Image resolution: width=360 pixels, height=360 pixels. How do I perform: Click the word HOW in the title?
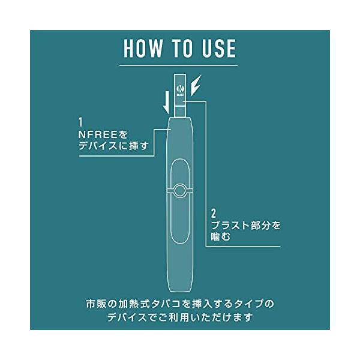pyautogui.click(x=143, y=48)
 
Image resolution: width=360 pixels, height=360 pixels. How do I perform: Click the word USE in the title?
pyautogui.click(x=219, y=48)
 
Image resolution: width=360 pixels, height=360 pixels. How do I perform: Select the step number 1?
pyautogui.click(x=80, y=122)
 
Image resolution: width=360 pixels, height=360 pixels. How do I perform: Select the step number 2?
pyautogui.click(x=214, y=214)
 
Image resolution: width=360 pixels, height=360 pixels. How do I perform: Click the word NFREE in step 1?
pyautogui.click(x=98, y=135)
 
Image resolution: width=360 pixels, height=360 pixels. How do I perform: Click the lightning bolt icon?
pyautogui.click(x=196, y=85)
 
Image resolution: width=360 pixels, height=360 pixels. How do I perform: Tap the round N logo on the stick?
pyautogui.click(x=179, y=89)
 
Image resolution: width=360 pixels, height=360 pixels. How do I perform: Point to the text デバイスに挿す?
pyautogui.click(x=113, y=146)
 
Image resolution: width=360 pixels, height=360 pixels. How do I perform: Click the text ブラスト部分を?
pyautogui.click(x=245, y=225)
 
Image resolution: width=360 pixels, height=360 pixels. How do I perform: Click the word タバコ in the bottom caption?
pyautogui.click(x=166, y=304)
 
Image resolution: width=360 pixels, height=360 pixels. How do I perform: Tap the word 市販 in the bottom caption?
pyautogui.click(x=95, y=304)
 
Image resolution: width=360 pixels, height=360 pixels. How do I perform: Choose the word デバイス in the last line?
pyautogui.click(x=127, y=318)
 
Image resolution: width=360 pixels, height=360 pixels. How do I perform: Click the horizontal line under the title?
pyautogui.click(x=178, y=65)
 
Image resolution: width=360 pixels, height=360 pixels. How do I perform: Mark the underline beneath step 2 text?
pyautogui.click(x=243, y=247)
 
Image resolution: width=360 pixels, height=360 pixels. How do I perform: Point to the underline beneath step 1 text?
pyautogui.click(x=116, y=156)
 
